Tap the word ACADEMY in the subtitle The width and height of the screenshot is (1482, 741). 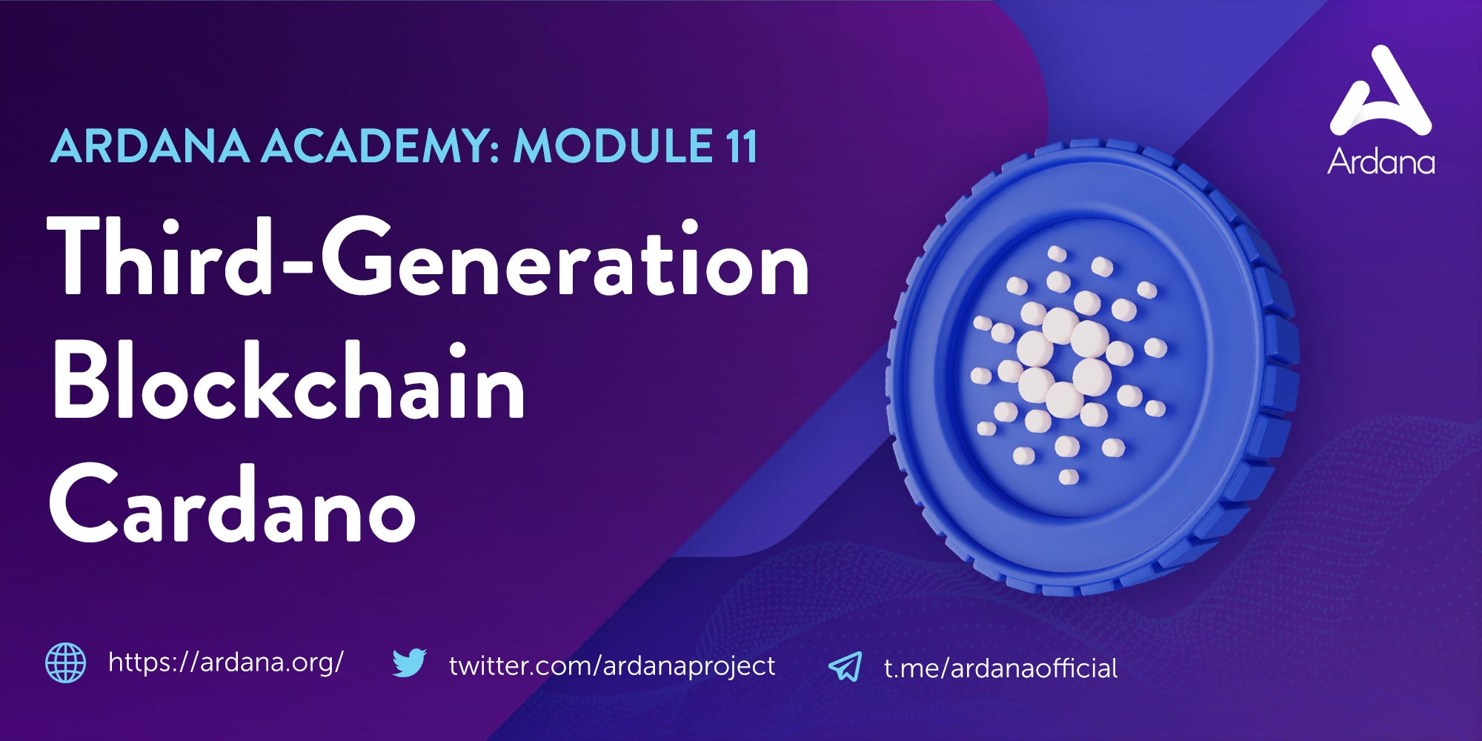pyautogui.click(x=378, y=147)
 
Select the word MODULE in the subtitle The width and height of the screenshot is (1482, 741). pyautogui.click(x=608, y=147)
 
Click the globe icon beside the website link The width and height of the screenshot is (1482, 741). pyautogui.click(x=65, y=662)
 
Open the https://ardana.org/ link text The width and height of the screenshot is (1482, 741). pyautogui.click(x=226, y=662)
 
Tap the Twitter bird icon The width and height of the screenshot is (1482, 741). pyautogui.click(x=409, y=663)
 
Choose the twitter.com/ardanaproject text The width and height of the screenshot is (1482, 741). pyautogui.click(x=612, y=665)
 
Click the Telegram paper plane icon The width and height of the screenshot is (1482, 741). pyautogui.click(x=845, y=666)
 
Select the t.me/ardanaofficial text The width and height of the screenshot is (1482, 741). pyautogui.click(x=1000, y=668)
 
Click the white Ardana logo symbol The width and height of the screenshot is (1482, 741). pyautogui.click(x=1380, y=93)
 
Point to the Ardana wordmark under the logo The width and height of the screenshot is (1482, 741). pyautogui.click(x=1380, y=162)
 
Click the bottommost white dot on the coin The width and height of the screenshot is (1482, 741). pyautogui.click(x=1068, y=476)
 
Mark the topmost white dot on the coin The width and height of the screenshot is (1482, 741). pyautogui.click(x=1057, y=254)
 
